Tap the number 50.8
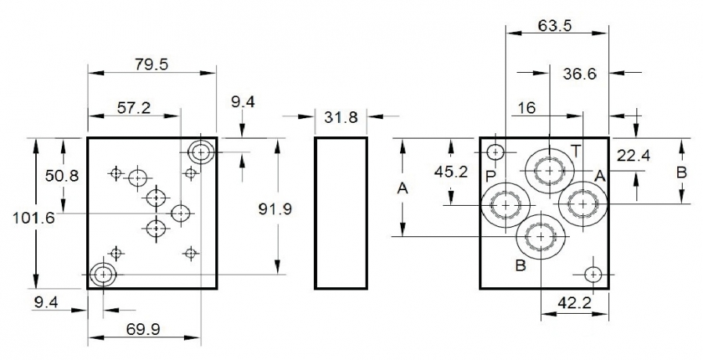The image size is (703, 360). pos(61,175)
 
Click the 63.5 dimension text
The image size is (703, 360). pos(555,25)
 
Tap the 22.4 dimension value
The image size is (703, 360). pos(633,155)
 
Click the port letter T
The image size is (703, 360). pos(575,149)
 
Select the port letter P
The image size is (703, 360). pos(491,174)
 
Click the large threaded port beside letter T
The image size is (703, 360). pos(550,170)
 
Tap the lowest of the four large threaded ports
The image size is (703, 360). pos(540,236)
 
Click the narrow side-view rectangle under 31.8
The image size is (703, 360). pos(341,213)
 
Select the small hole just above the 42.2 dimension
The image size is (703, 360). pos(592,274)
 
